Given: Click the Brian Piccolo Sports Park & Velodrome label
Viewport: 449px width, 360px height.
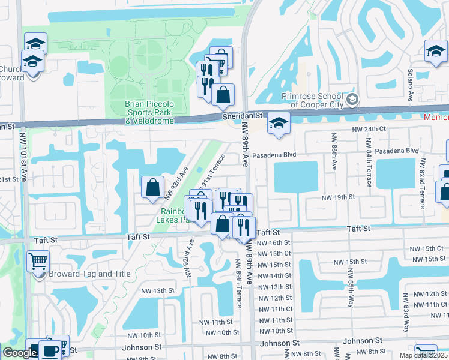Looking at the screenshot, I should point(149,112).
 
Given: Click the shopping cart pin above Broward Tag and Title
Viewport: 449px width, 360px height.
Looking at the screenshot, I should point(38,261).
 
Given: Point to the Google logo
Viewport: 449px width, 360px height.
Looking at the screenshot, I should point(20,352).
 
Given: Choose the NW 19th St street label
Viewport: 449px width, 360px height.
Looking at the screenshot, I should point(339,197).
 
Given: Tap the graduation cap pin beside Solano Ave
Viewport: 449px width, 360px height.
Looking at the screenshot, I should point(436,51).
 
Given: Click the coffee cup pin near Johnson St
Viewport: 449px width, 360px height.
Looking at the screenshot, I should point(50,350).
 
